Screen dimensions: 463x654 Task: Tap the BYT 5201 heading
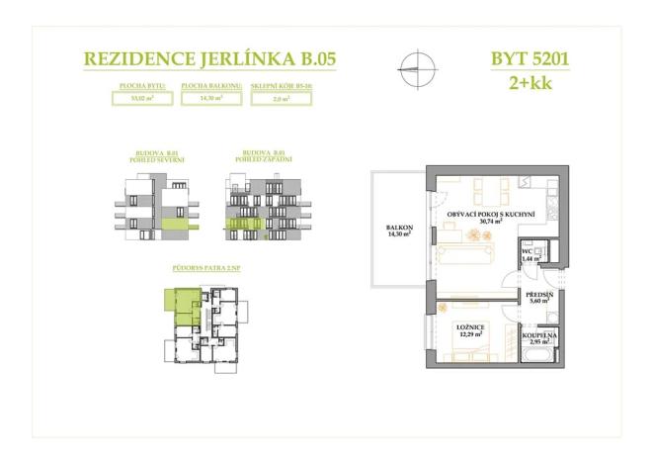pyautogui.click(x=529, y=57)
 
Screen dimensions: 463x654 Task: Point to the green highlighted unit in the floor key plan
pyautogui.click(x=185, y=307)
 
